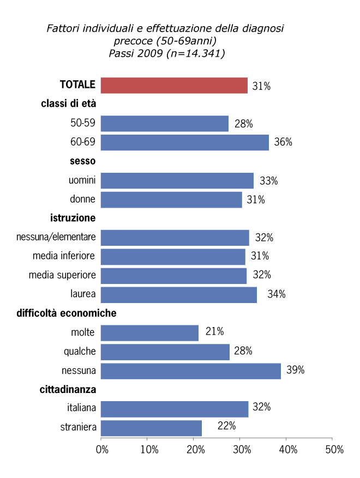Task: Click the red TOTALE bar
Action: pyautogui.click(x=174, y=85)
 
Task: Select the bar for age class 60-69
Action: pyautogui.click(x=184, y=142)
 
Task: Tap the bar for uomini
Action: pyautogui.click(x=177, y=180)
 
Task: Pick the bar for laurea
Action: pyautogui.click(x=179, y=294)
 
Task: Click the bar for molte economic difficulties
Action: pyautogui.click(x=149, y=332)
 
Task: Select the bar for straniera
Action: pyautogui.click(x=151, y=428)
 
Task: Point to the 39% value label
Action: pyautogui.click(x=295, y=371)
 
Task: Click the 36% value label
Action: pyautogui.click(x=283, y=142)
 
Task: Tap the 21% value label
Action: pyautogui.click(x=214, y=331)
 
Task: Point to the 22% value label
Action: pyautogui.click(x=226, y=426)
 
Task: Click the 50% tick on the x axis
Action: pyautogui.click(x=334, y=450)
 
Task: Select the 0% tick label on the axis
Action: pyautogui.click(x=101, y=450)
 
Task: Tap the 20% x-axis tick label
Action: pyautogui.click(x=195, y=450)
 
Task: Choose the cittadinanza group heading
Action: pyautogui.click(x=68, y=390)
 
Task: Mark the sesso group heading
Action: pyautogui.click(x=82, y=161)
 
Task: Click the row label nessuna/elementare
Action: pyautogui.click(x=56, y=237)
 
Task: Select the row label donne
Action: pyautogui.click(x=82, y=199)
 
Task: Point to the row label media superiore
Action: pyautogui.click(x=62, y=275)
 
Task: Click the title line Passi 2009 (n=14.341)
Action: pyautogui.click(x=166, y=53)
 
